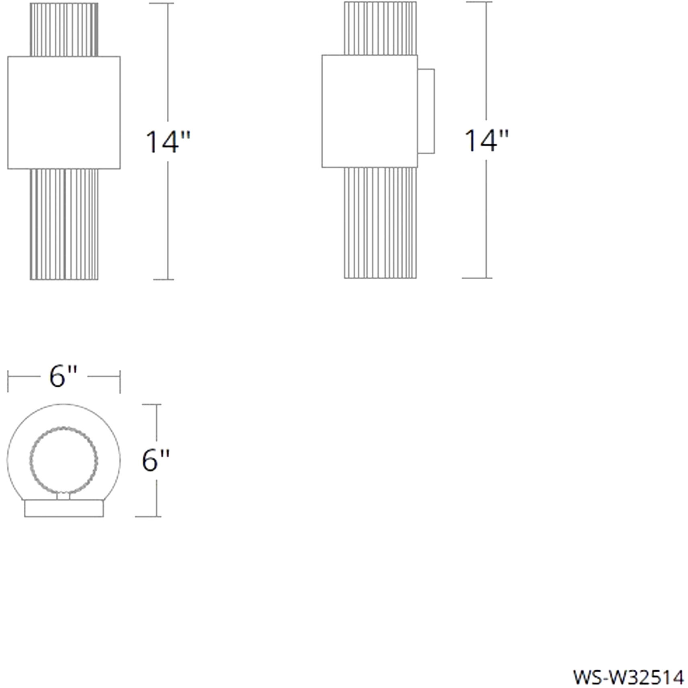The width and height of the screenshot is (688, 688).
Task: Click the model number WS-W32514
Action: (x=628, y=677)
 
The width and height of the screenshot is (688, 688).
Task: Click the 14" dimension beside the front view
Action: (x=167, y=142)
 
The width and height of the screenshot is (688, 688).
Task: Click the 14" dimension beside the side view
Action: (x=486, y=141)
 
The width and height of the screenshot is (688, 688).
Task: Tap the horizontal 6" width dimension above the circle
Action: (x=63, y=377)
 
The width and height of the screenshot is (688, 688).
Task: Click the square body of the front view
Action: (x=64, y=113)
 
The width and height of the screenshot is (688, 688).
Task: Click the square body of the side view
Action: (x=369, y=111)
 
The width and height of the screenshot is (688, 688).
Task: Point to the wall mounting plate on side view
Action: (x=426, y=111)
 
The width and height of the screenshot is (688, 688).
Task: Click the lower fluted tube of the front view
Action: (x=64, y=224)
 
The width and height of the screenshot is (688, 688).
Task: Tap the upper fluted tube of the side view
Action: (x=380, y=28)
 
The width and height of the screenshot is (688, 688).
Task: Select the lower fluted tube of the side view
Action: (x=380, y=223)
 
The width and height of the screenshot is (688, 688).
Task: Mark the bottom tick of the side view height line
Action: (x=477, y=278)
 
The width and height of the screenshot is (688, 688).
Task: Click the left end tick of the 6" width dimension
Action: (x=8, y=381)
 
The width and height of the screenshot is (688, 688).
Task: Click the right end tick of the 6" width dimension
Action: (x=120, y=381)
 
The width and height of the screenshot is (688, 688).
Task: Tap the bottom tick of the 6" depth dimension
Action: (x=148, y=516)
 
